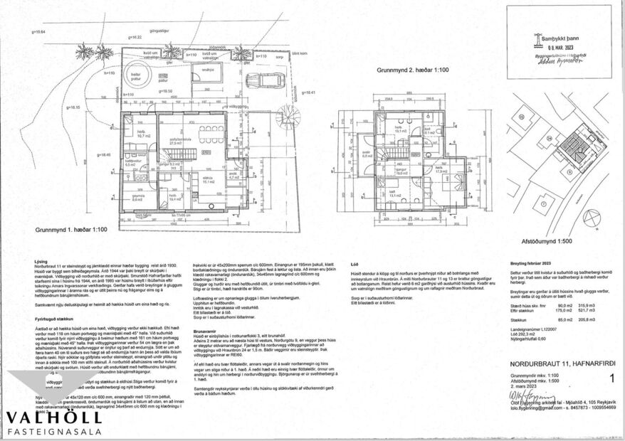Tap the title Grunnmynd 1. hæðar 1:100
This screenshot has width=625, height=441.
click(x=70, y=230)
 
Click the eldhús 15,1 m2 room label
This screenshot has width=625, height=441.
click(x=209, y=181)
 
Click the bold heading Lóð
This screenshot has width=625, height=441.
click(x=354, y=263)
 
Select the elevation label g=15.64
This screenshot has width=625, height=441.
click(x=38, y=32)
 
